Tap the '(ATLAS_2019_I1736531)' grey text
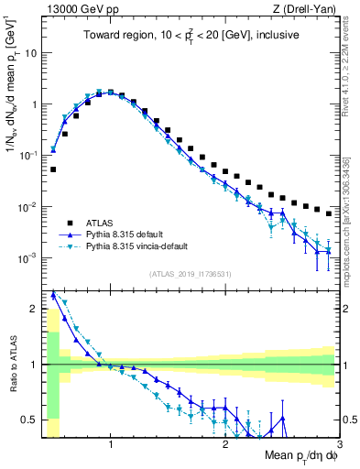(x=191, y=274)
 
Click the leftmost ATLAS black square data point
(x=53, y=169)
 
